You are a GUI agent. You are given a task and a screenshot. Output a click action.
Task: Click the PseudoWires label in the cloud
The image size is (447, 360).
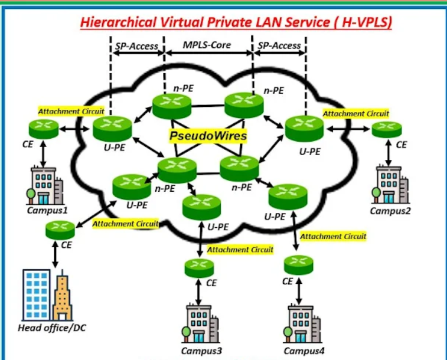tap(208, 136)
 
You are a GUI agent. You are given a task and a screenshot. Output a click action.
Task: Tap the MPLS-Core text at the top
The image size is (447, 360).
tap(207, 45)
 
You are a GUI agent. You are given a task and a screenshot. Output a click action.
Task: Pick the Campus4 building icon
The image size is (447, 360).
tap(299, 324)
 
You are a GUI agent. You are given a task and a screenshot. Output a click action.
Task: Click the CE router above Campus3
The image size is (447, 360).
tap(200, 269)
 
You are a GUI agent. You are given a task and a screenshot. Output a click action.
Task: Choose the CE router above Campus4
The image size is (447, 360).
tap(299, 262)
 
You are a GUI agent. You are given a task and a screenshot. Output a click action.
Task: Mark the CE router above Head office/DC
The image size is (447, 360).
tap(60, 230)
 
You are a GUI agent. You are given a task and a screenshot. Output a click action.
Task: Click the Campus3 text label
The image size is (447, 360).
tap(202, 352)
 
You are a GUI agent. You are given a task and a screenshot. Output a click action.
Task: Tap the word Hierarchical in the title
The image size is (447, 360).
tap(117, 23)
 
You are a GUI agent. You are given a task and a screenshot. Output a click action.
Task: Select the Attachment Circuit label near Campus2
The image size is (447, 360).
tap(356, 113)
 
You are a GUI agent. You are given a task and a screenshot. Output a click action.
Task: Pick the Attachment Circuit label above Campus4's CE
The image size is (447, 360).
tap(334, 236)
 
